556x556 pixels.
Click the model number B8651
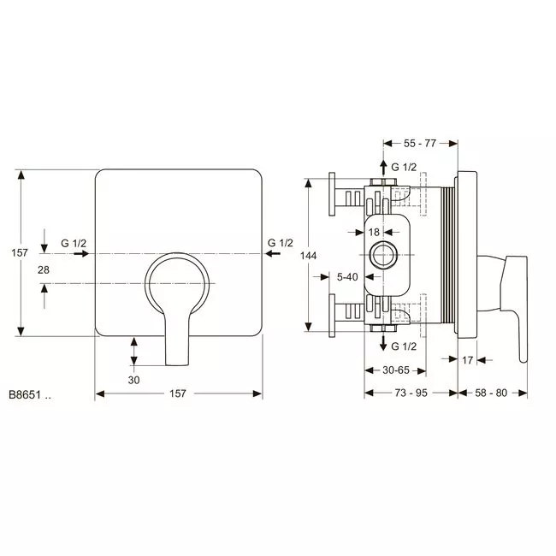25,394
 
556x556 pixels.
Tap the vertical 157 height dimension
19,253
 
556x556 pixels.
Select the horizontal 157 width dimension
178,393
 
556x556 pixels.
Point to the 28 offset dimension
44,269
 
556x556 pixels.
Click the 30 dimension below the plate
133,380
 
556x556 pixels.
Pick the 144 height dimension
308,256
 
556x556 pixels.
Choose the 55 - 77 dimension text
420,143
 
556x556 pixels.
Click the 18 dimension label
374,233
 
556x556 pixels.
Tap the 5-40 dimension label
347,277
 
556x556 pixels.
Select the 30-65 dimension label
396,370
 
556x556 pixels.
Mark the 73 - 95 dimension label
411,393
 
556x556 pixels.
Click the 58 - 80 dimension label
491,393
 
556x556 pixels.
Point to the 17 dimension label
467,360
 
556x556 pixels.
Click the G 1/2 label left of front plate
74,243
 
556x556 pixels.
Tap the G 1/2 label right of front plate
280,243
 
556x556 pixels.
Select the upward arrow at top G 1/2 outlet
383,168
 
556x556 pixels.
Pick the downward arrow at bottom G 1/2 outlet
383,342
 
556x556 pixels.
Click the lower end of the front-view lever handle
177,364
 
